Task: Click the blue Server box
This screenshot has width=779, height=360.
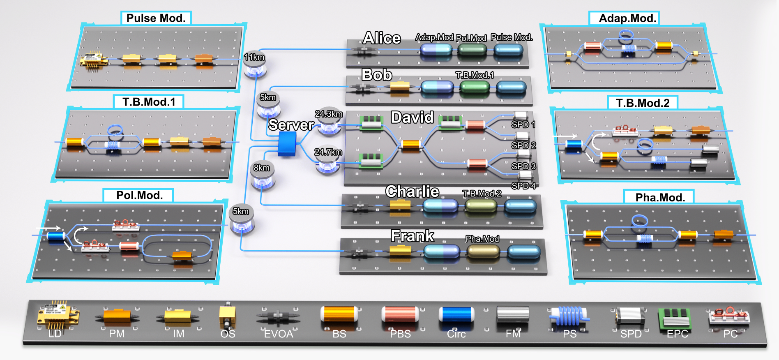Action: (287, 144)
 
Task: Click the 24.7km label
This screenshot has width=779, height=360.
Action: (328, 152)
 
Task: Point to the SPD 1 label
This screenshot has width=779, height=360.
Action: (523, 125)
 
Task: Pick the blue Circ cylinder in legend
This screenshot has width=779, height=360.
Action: (456, 315)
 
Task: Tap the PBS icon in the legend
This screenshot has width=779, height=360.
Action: (400, 315)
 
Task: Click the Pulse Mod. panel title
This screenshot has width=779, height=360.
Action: (156, 18)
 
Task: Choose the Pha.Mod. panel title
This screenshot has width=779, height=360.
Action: (660, 197)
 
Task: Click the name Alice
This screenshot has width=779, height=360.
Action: (382, 38)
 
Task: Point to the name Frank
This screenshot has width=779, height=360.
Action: (412, 236)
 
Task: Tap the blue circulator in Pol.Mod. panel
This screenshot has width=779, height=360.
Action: (56, 236)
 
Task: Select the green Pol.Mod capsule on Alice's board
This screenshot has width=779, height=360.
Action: (472, 50)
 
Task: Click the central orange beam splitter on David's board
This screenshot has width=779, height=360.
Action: (410, 144)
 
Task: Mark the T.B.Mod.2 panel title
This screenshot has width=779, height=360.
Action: (642, 103)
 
